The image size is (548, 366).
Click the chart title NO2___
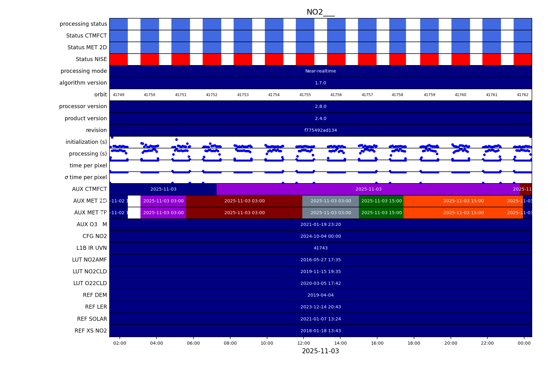[321, 12]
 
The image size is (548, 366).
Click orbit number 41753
[243, 95]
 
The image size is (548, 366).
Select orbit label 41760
[460, 95]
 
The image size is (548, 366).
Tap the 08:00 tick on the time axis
[230, 343]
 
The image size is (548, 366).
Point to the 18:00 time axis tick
[414, 343]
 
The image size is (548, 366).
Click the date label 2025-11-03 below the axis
[321, 351]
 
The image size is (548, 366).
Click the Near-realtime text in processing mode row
[321, 71]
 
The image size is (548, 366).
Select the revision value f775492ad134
[321, 130]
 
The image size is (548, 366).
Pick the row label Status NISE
[91, 59]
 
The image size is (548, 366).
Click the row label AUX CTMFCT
[89, 189]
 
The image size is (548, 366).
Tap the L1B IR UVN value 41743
[321, 248]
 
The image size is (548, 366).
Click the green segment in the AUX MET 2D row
[381, 201]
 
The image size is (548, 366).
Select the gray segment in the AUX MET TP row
[330, 213]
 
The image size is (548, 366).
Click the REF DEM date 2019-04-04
[321, 295]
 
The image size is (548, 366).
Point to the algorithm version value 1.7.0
[321, 83]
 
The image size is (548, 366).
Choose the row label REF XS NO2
[91, 331]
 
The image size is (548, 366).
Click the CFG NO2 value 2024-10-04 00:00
[321, 236]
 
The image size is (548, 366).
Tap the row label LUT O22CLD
[90, 284]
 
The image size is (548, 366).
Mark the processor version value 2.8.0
[321, 107]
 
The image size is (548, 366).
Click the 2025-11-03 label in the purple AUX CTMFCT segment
[368, 189]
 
